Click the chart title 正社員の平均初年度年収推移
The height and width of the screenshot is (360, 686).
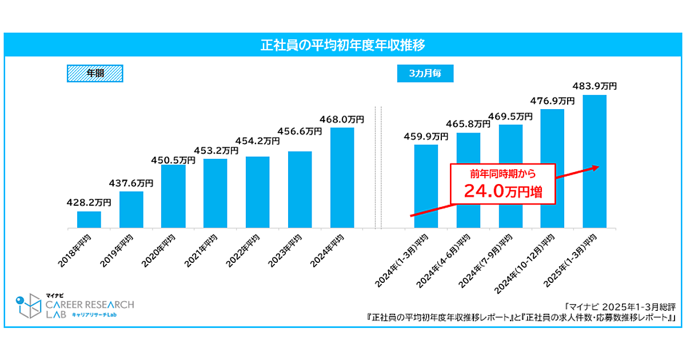click(x=342, y=45)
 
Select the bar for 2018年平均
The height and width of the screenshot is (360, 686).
click(x=89, y=220)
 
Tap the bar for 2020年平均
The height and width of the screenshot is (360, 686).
click(x=173, y=197)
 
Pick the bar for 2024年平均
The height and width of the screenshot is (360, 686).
click(x=342, y=178)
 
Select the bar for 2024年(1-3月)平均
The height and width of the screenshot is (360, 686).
click(x=426, y=186)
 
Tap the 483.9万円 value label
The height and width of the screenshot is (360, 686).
click(x=595, y=86)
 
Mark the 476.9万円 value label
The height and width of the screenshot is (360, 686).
click(x=552, y=101)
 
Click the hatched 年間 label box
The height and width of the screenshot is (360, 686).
click(x=95, y=74)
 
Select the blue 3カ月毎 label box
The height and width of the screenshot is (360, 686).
click(x=425, y=74)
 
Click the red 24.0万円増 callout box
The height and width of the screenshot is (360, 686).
click(x=503, y=184)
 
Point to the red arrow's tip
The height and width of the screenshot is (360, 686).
click(x=597, y=167)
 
